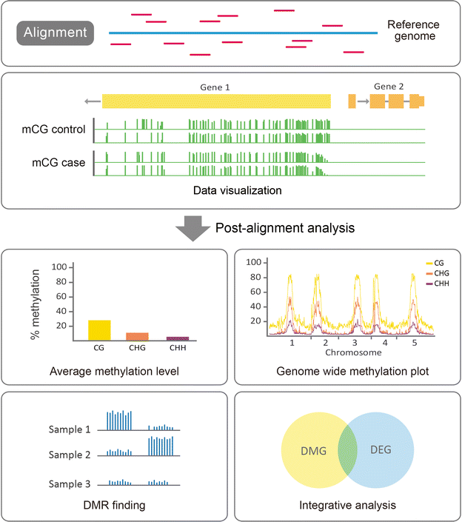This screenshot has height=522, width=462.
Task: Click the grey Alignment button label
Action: [x=56, y=33]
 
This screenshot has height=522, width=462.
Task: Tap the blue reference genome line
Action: [x=244, y=33]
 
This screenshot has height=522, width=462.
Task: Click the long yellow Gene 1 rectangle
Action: [x=216, y=102]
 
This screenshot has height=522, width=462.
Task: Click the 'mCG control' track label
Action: [x=54, y=130]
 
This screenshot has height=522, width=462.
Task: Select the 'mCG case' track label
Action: [x=58, y=162]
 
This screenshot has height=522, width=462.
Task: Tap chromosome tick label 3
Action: [x=356, y=344]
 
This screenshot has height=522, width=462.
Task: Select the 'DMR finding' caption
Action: [x=115, y=506]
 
